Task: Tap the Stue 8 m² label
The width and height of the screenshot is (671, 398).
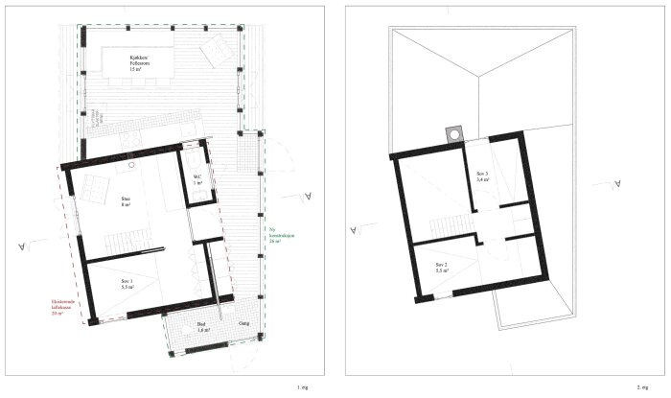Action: click(x=126, y=202)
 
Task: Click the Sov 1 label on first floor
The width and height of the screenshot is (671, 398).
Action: click(x=126, y=284)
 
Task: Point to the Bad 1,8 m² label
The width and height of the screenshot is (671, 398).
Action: click(x=202, y=327)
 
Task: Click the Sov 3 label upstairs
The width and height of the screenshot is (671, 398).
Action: click(x=482, y=176)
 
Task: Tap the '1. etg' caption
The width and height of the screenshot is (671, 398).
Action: click(x=302, y=386)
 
